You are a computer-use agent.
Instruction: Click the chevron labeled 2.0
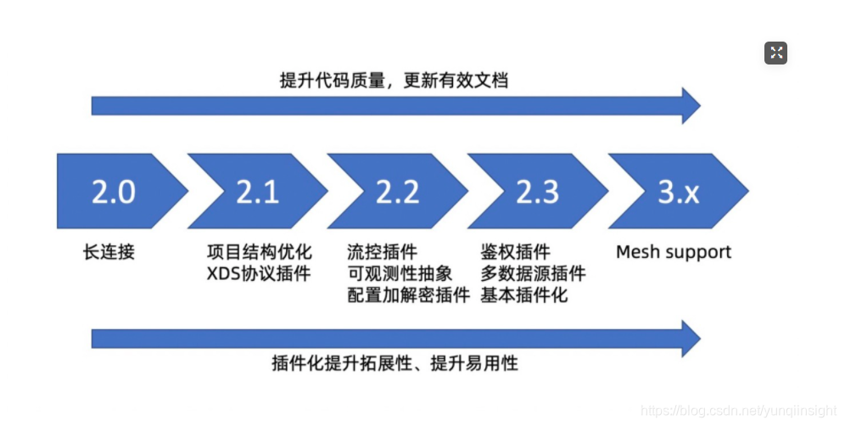click(115, 193)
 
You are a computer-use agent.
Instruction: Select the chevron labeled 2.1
click(258, 193)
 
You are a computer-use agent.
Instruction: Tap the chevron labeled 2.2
click(398, 193)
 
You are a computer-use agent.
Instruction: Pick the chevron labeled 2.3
click(538, 193)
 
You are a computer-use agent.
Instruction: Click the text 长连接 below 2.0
click(109, 252)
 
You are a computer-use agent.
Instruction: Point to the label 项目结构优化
click(260, 252)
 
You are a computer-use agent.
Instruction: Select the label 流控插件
click(382, 252)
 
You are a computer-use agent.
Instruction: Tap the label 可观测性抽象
click(400, 273)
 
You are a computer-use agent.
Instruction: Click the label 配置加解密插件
click(408, 295)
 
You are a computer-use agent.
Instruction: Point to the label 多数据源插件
click(533, 273)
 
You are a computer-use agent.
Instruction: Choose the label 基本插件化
click(524, 295)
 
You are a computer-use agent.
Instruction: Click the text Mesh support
click(674, 252)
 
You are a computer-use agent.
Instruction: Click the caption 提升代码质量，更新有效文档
click(395, 80)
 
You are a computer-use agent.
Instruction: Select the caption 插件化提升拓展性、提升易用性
click(395, 364)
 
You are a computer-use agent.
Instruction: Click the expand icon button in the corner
click(775, 53)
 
